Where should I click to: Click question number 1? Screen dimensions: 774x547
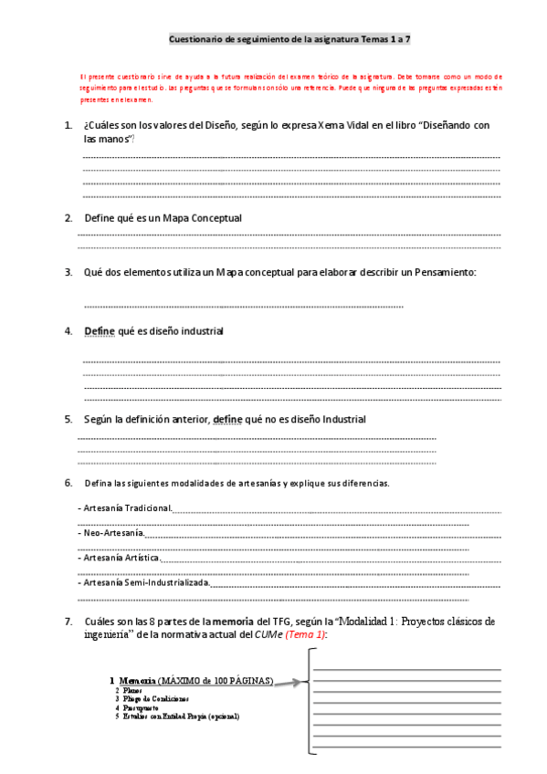(x=68, y=125)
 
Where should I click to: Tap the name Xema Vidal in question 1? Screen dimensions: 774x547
(x=339, y=125)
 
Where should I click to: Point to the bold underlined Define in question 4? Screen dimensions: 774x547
(x=100, y=330)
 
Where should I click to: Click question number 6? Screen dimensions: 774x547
(x=68, y=482)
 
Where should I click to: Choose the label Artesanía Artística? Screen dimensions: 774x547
(x=120, y=557)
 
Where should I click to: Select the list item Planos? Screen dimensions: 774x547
(x=131, y=691)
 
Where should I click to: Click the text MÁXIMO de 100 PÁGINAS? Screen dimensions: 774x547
(x=216, y=681)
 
